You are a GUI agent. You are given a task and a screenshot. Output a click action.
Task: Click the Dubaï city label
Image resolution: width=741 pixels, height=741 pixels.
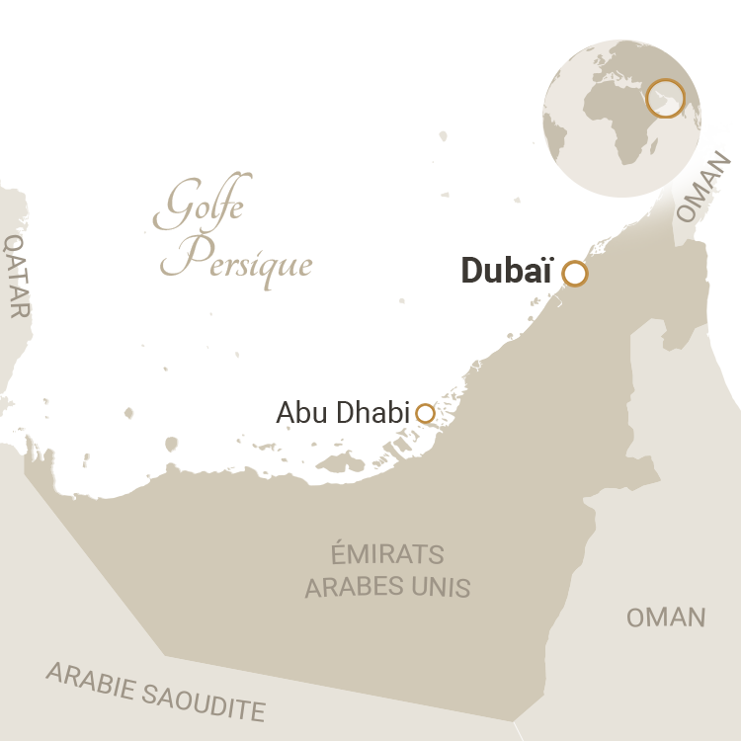506,272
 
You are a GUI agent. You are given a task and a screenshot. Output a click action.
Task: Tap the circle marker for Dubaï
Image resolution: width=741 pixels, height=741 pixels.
575,274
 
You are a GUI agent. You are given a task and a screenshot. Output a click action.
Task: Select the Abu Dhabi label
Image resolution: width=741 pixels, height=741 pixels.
342,413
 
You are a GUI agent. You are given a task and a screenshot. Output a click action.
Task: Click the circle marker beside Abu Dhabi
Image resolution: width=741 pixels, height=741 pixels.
425,414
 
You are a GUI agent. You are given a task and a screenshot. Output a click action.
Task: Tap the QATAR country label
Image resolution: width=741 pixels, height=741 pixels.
17,276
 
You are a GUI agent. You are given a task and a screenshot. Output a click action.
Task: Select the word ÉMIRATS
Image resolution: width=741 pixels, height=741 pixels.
387,554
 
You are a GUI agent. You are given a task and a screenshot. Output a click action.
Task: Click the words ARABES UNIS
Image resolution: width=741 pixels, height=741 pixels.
387,587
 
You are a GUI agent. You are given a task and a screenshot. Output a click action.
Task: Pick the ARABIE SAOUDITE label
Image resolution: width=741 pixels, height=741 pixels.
156,691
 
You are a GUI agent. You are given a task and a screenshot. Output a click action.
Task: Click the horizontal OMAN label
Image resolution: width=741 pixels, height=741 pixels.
666,617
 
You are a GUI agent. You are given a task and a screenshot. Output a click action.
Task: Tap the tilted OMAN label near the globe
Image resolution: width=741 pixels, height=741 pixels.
704,187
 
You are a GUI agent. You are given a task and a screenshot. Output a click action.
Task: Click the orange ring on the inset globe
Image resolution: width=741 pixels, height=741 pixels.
665,98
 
